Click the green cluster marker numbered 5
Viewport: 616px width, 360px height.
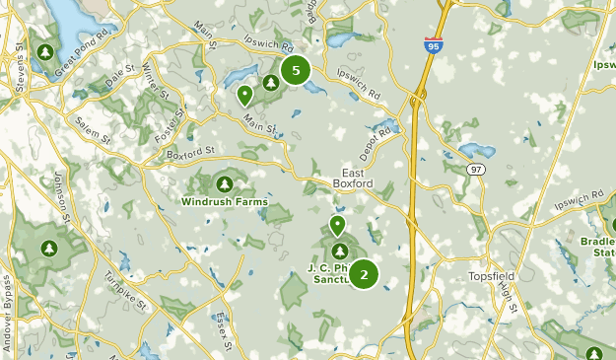[x=295, y=70]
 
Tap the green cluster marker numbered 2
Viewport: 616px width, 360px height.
[x=364, y=274]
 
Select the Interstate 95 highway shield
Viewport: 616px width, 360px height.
[x=434, y=45]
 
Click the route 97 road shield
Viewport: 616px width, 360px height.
[x=476, y=172]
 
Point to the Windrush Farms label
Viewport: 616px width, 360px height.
[x=224, y=201]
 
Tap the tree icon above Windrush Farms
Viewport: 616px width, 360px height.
[x=224, y=184]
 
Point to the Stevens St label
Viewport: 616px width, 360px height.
[x=20, y=75]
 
